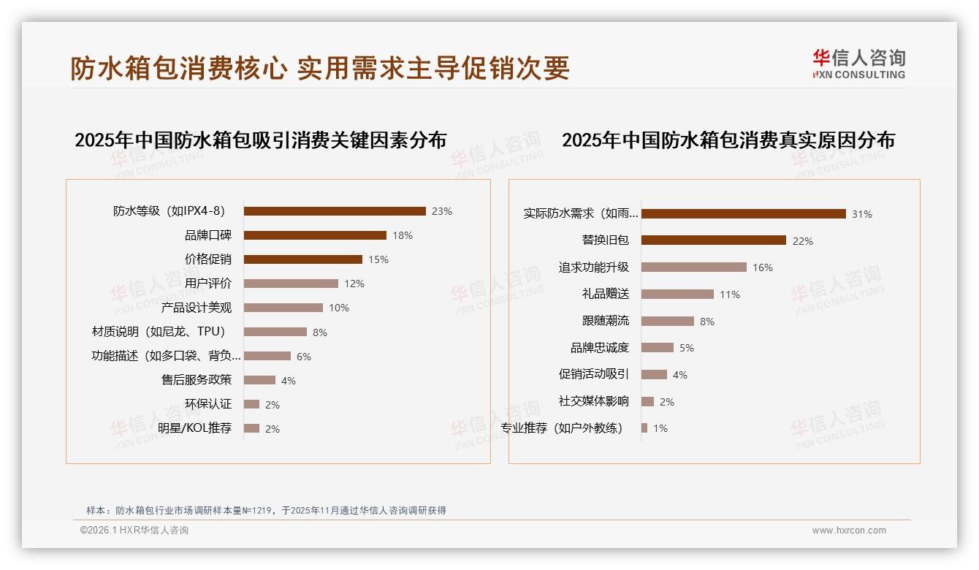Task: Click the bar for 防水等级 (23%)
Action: [x=335, y=211]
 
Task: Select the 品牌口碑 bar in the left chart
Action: [x=315, y=235]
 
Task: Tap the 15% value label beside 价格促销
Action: [x=378, y=259]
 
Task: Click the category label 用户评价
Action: [x=208, y=284]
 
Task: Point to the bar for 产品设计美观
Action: [x=283, y=308]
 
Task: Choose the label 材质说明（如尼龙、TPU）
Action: [x=159, y=332]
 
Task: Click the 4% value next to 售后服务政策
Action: [x=288, y=381]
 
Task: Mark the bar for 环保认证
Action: [x=251, y=404]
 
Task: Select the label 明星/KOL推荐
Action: [x=195, y=428]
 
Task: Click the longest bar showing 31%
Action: [x=744, y=214]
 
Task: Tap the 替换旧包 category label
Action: [x=606, y=240]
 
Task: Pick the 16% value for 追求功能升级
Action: [x=762, y=267]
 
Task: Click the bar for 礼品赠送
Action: [x=677, y=294]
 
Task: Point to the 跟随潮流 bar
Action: [x=668, y=321]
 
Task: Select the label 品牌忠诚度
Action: [x=600, y=348]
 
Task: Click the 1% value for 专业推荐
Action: [x=660, y=428]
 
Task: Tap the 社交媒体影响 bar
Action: [x=647, y=401]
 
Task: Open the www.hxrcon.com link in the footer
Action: [x=849, y=531]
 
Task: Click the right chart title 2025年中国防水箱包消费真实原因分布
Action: [x=728, y=140]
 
